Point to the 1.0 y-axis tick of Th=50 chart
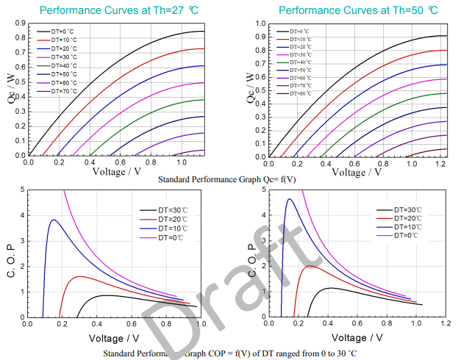260,24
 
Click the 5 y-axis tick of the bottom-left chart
21,190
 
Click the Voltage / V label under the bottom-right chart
357,338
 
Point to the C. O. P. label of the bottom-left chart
10,253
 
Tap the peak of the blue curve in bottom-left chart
53,220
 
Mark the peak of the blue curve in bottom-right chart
290,199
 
